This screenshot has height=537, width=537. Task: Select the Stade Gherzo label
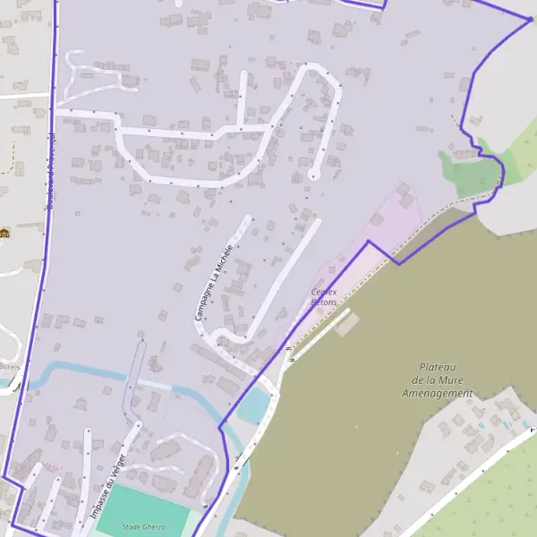tap(143, 528)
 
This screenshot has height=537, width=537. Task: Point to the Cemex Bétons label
tap(324, 297)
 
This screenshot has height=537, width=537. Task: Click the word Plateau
tap(438, 367)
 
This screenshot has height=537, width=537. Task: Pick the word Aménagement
tap(438, 394)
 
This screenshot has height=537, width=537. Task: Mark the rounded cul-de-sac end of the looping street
tap(312, 175)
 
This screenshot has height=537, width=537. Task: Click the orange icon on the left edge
tap(3, 234)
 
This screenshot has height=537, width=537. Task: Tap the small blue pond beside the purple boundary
tap(254, 405)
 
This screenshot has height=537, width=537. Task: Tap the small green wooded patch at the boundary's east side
tap(470, 170)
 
